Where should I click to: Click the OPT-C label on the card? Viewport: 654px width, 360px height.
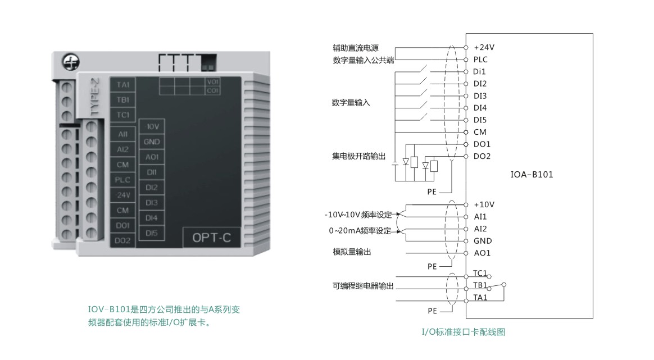211,238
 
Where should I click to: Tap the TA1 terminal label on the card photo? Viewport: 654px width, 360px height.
123,85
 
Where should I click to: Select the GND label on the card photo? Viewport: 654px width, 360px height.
151,142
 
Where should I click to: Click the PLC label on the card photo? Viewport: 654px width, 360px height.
122,180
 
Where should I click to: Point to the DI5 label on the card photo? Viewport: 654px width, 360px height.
151,233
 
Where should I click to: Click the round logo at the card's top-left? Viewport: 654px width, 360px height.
71,62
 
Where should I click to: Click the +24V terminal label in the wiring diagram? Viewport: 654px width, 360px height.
484,48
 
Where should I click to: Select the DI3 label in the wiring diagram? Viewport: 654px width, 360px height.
480,96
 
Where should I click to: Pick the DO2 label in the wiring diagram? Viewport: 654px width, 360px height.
482,157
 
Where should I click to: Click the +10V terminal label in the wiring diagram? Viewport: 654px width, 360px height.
484,205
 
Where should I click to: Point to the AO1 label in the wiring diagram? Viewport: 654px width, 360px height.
482,253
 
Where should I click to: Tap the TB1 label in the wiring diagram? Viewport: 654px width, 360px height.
480,285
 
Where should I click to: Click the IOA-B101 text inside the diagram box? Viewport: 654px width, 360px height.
532,175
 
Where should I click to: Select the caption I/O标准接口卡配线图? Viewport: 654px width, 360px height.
464,332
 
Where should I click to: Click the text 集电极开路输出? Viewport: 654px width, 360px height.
358,157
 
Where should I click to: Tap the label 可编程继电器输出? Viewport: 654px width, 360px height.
363,286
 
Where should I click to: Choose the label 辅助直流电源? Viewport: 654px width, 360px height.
356,48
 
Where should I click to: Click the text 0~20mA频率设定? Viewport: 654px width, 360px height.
360,231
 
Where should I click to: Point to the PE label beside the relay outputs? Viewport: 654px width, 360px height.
432,311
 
